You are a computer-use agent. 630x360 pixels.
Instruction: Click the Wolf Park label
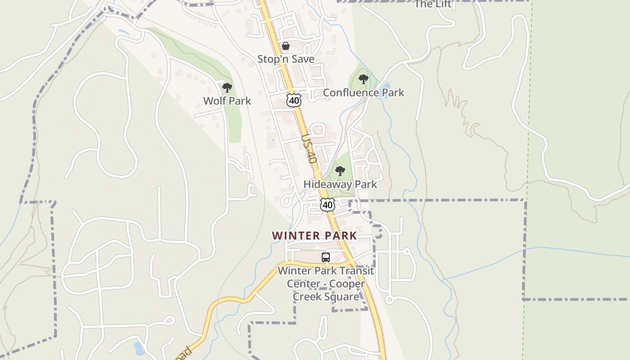coord(227,101)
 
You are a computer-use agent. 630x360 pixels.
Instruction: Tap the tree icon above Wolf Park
coord(227,87)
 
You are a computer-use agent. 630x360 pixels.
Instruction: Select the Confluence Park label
coord(364,93)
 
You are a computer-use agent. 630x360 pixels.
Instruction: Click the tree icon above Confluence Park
coord(364,80)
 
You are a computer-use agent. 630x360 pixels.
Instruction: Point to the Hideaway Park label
coord(340,184)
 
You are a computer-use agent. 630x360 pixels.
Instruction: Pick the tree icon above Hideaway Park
coord(340,171)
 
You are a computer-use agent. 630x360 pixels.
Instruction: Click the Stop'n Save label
coord(286,59)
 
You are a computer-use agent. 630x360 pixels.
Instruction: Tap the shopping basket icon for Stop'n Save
coord(286,46)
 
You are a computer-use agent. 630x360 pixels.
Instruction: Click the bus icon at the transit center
coord(326,257)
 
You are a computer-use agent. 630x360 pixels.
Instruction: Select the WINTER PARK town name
coord(315,235)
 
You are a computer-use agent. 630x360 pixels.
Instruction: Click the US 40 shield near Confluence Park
coord(294,100)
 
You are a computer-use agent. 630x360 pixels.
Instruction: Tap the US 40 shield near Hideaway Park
coord(328,205)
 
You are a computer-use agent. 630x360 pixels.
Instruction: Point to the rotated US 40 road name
coord(310,148)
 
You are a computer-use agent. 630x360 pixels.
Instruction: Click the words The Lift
coord(432,4)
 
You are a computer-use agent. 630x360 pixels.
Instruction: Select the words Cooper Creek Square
coord(326,290)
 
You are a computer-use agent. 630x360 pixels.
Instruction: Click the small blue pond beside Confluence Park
coord(385,85)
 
